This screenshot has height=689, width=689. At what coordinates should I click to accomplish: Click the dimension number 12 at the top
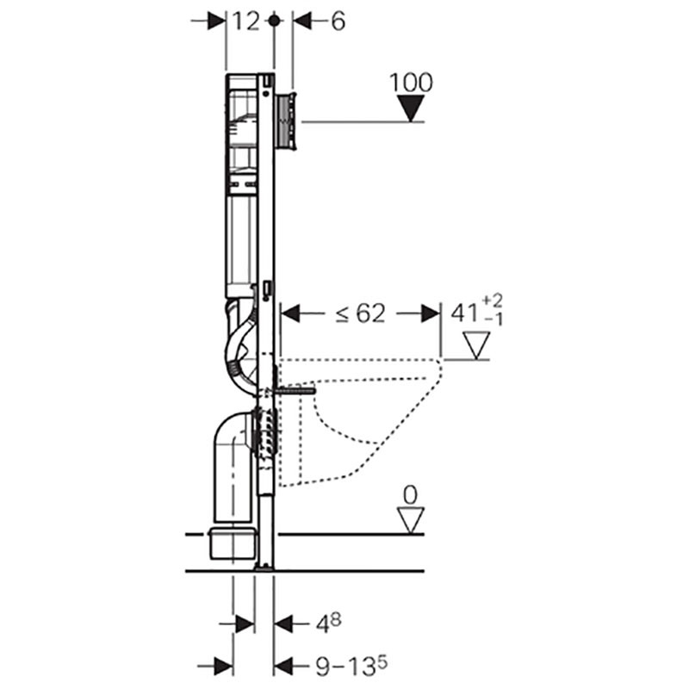coord(245,21)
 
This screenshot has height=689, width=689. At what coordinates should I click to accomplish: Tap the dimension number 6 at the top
coord(338,21)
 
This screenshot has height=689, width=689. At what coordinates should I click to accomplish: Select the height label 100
coord(411,82)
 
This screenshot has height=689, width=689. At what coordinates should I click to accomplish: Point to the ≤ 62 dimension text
coord(360,313)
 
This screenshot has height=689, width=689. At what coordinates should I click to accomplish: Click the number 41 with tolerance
coord(464,313)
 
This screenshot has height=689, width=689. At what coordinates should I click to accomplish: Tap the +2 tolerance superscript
coord(492,301)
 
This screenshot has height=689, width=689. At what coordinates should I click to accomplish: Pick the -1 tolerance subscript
coord(493,320)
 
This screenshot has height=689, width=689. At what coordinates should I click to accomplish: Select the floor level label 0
coord(410,495)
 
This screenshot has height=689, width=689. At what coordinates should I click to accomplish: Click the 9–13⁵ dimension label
coord(351,666)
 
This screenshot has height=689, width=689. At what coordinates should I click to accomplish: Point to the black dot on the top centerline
coord(274,20)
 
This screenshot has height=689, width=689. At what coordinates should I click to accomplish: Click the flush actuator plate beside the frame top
coord(288,121)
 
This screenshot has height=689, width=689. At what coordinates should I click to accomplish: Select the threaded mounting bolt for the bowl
coord(295,390)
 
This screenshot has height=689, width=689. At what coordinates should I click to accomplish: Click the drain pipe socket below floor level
coord(233,544)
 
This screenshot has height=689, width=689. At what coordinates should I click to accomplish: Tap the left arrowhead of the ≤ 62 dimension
coord(290,313)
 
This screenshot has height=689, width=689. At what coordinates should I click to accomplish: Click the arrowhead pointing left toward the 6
coord(302,21)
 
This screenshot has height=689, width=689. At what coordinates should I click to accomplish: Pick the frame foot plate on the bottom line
coord(264,567)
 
